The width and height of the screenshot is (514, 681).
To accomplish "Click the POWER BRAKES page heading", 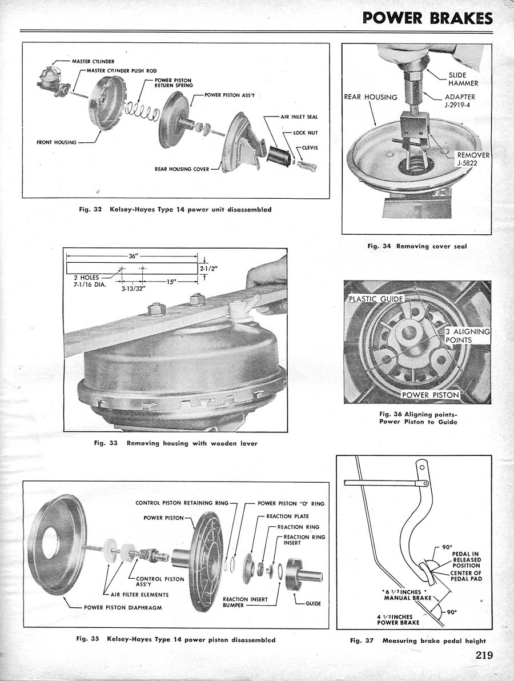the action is pos(427,18).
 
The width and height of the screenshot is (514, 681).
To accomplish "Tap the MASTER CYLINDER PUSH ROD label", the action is pos(122,70).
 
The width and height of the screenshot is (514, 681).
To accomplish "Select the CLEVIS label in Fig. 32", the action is pos(310,147).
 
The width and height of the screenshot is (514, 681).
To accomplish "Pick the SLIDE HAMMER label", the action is pos(463,79).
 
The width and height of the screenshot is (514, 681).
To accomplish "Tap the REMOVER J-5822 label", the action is pos(473,159).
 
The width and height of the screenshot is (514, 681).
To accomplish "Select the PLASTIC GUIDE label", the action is pos(376,299).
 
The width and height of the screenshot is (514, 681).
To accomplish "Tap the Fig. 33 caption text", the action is pos(176,443).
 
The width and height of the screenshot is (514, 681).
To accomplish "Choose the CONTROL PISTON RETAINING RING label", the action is pos(182,503).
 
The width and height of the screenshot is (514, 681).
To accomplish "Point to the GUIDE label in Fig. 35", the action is pos(314,603).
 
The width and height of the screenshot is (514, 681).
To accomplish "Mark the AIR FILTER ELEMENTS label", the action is pos(140,595).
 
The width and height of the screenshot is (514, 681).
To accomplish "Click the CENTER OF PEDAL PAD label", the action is pos(466,576).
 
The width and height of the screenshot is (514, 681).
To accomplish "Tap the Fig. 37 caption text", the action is pos(418,640).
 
